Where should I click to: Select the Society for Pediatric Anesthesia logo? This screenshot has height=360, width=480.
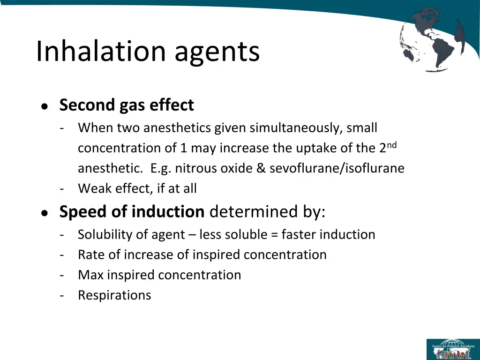451,349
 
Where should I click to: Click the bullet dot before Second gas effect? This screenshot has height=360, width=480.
44,106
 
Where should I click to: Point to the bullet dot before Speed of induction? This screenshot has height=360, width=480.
44,213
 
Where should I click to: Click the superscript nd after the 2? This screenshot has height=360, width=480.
391,145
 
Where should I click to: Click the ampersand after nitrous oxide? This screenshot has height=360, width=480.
261,168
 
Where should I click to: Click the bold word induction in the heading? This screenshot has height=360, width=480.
168,212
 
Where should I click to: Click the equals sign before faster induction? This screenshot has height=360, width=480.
274,234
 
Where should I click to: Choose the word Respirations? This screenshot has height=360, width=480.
114,295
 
